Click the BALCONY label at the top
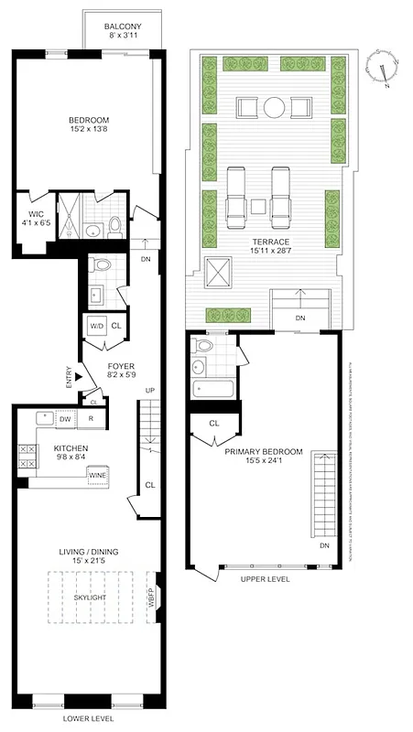[122, 27]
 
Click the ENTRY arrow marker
[79, 376]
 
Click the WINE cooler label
[97, 476]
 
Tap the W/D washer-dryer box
[95, 326]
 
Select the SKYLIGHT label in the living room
[91, 597]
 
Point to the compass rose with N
[382, 69]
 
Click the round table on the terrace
[274, 108]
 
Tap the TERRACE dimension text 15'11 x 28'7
[270, 250]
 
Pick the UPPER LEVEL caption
[266, 579]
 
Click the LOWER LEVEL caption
[89, 719]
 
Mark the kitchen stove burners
[27, 457]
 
